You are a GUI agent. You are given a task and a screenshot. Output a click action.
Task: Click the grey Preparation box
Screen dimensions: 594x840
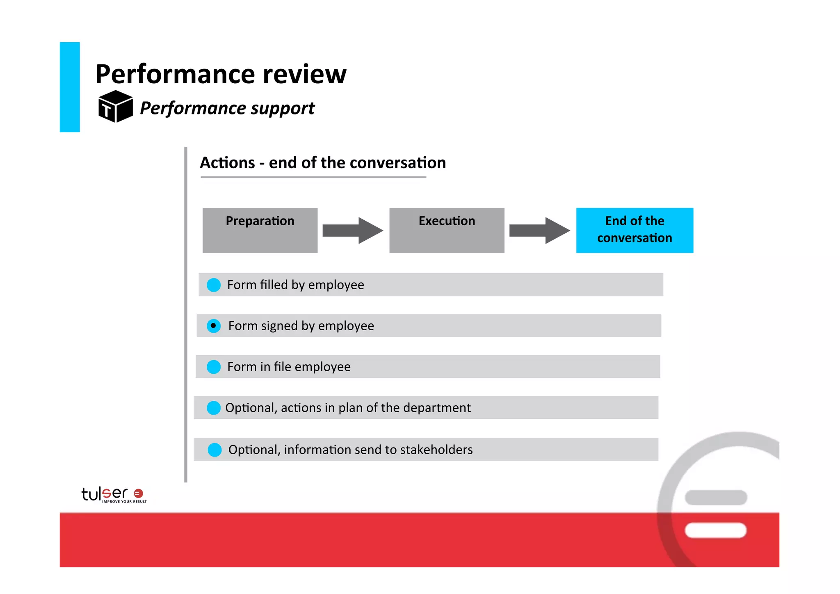tap(260, 230)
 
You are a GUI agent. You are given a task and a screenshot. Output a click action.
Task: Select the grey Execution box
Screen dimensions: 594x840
tap(447, 230)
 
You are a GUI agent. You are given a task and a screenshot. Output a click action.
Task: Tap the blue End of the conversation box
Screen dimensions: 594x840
tap(635, 230)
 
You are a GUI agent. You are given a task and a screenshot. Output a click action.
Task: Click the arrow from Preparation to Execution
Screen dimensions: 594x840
tap(353, 231)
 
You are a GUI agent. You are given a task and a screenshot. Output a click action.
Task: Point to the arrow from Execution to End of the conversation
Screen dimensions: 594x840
tap(539, 231)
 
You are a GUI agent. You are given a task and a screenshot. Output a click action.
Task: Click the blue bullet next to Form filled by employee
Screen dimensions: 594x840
tap(214, 285)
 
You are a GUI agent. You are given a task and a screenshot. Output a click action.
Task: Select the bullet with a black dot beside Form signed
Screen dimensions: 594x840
tap(213, 326)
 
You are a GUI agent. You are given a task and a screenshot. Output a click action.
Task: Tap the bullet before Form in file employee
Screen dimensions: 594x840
tap(214, 367)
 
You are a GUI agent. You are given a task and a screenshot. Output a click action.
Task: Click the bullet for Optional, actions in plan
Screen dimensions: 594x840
tap(214, 408)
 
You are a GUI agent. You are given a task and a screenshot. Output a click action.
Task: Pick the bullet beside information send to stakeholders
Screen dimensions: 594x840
tap(215, 450)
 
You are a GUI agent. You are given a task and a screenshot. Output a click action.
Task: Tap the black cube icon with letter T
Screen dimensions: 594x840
tap(115, 107)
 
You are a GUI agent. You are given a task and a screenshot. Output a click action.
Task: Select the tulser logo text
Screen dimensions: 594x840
tap(105, 493)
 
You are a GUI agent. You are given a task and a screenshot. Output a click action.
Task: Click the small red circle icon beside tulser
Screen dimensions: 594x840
tap(139, 493)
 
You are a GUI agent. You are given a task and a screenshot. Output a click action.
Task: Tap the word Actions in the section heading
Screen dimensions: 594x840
tap(227, 163)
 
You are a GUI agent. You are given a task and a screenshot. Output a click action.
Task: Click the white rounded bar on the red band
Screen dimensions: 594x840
tap(715, 530)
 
